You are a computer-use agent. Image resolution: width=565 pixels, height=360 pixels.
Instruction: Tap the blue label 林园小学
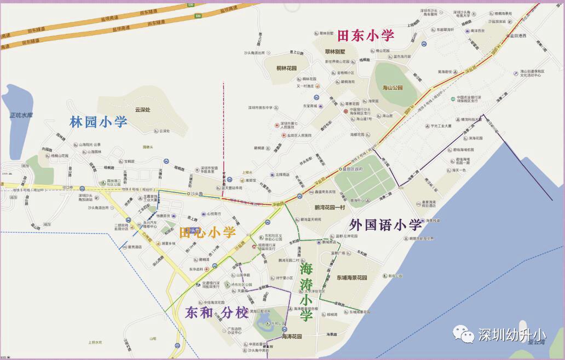[99, 121]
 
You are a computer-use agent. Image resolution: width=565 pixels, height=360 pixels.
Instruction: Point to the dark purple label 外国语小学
[385, 224]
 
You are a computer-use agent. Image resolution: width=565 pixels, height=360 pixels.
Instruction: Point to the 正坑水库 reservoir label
[21, 115]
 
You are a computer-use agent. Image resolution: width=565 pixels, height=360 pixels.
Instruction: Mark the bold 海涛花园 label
[291, 336]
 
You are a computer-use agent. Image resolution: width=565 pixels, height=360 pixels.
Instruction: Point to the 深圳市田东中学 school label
[261, 108]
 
